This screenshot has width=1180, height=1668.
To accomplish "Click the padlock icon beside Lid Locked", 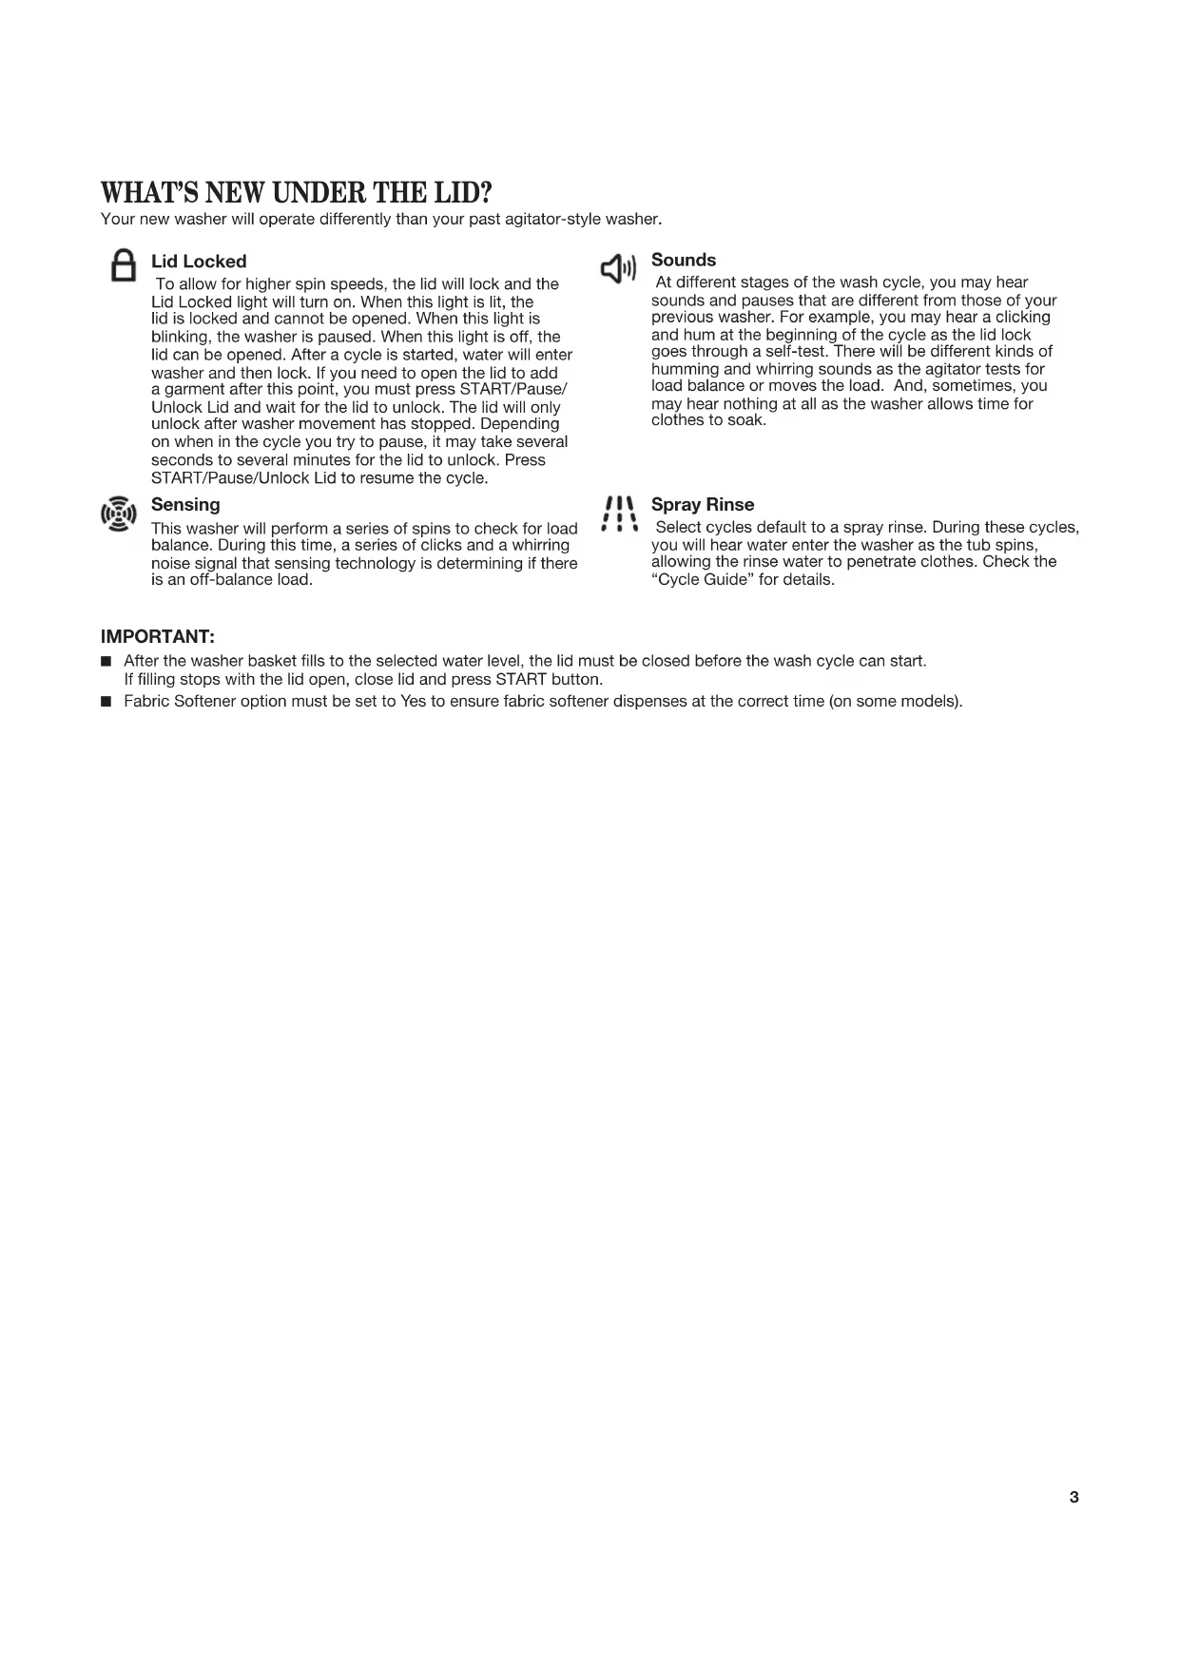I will click(x=123, y=265).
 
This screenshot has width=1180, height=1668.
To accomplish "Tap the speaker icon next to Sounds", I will click(x=618, y=270).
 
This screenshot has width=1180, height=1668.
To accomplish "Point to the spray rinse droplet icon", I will click(x=619, y=514).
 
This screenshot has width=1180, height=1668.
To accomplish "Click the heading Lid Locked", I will click(x=199, y=262).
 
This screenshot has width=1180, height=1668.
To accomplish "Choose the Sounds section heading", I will click(x=684, y=261).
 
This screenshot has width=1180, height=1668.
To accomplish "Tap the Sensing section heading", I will click(x=185, y=505).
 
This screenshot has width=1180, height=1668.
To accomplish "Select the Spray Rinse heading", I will click(x=703, y=505).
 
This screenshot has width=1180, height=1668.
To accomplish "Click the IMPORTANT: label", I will click(x=158, y=636).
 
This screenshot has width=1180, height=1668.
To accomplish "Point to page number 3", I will click(x=1074, y=1498).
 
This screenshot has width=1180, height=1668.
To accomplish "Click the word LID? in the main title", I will click(x=461, y=193).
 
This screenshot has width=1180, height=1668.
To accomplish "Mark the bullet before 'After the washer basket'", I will click(x=106, y=661).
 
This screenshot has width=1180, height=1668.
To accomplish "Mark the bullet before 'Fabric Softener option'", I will click(x=106, y=703).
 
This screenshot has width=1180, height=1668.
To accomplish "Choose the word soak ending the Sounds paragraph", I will click(x=746, y=420).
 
